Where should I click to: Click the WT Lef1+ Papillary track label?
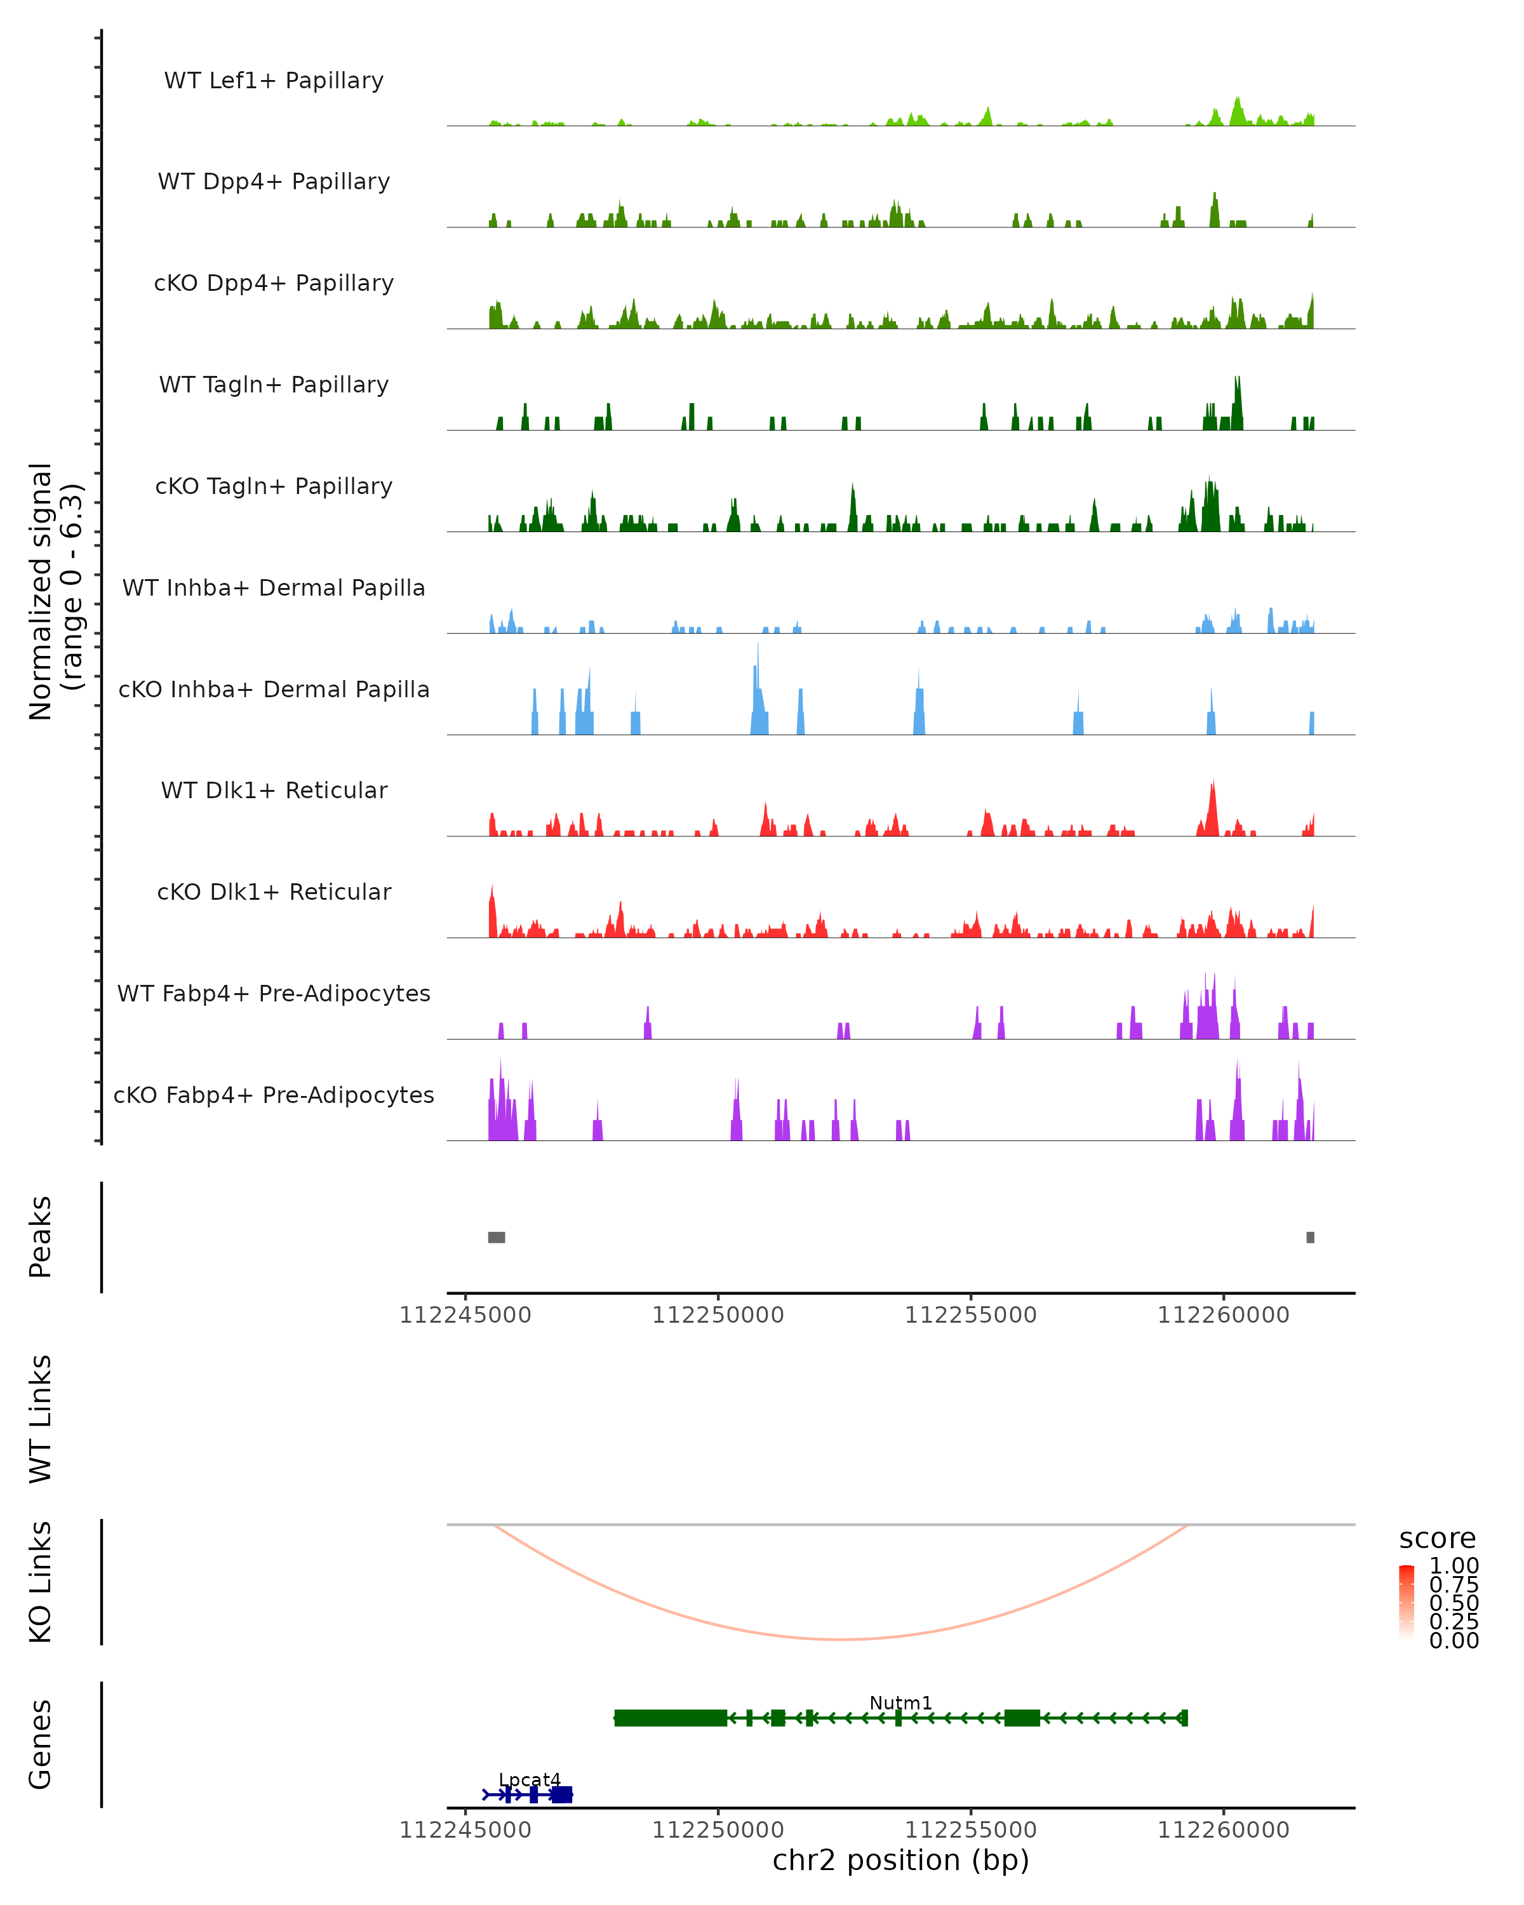(x=274, y=81)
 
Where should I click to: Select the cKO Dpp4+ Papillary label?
(x=274, y=284)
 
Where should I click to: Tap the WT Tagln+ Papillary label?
(x=274, y=385)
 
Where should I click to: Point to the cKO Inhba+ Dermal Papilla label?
(x=274, y=690)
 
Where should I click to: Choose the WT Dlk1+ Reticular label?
(x=274, y=791)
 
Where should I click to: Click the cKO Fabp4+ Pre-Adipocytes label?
(x=274, y=1095)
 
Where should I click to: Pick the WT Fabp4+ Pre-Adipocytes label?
(x=274, y=994)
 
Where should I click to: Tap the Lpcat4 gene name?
(x=529, y=1779)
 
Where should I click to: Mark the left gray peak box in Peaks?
(x=497, y=1237)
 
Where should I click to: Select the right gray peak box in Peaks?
(x=1310, y=1237)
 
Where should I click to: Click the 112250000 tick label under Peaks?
(x=718, y=1316)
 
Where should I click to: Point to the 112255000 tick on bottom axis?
(x=971, y=1830)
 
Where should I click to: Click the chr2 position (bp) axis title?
(x=900, y=1861)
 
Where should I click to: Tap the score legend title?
(x=1438, y=1539)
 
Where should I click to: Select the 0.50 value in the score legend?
(x=1454, y=1603)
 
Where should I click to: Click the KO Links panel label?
(x=41, y=1582)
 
